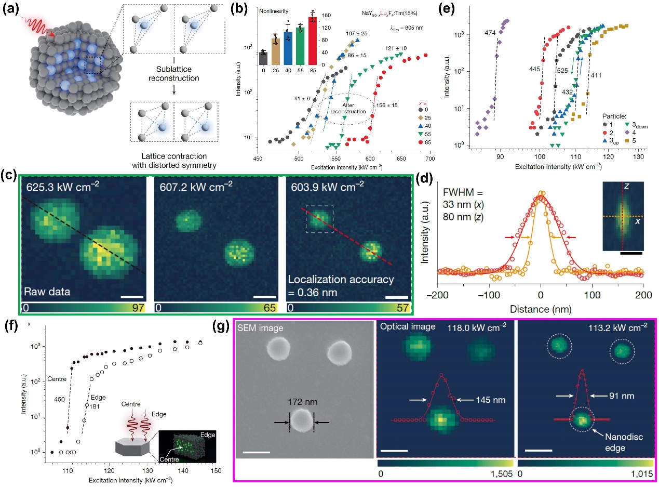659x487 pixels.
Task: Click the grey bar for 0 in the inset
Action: (263, 58)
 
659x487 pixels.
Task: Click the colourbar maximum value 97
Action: (137, 308)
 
